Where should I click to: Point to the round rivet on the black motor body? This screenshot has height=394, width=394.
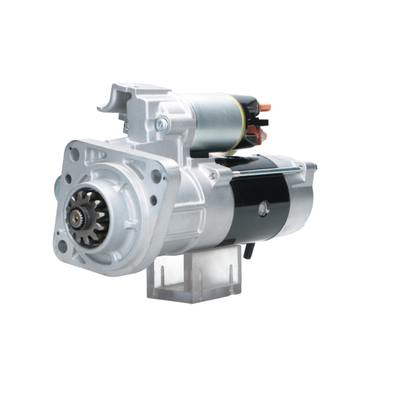click(263, 209)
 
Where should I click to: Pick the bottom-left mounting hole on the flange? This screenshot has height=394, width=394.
click(62, 246)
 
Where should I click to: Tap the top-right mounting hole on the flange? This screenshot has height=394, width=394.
click(156, 176)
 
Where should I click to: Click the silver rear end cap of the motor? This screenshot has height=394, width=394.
click(301, 197)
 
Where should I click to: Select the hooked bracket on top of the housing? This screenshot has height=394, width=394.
click(114, 98)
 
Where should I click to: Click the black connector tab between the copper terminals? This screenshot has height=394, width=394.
click(260, 123)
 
